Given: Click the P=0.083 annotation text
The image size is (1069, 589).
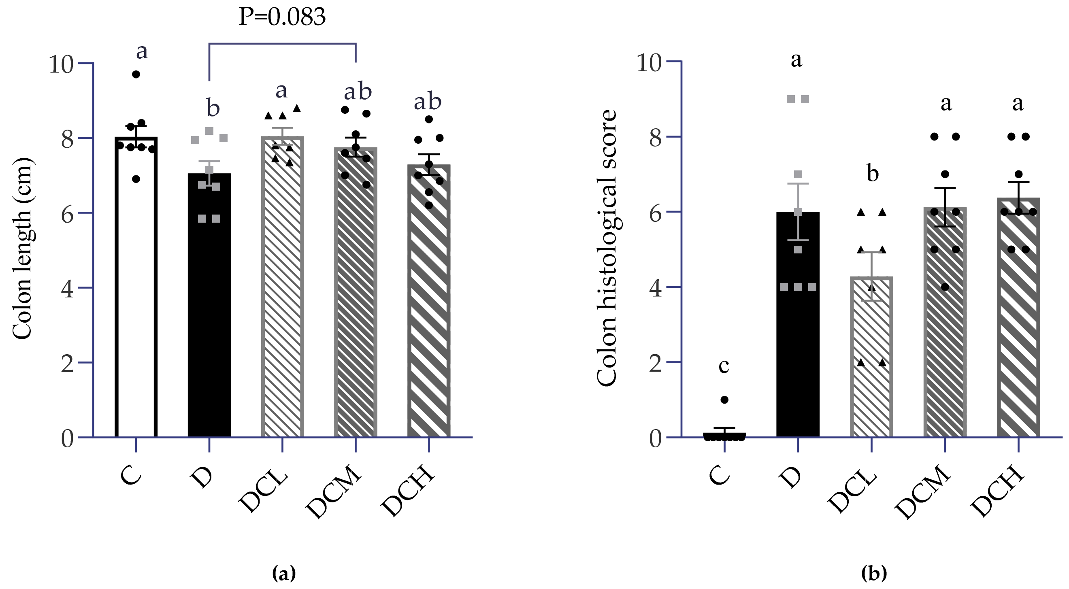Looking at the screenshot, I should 282,17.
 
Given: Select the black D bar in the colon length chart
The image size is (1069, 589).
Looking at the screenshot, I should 209,332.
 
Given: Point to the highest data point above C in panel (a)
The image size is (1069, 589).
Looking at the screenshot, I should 136,74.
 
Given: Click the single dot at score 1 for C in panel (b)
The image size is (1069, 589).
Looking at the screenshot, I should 724,400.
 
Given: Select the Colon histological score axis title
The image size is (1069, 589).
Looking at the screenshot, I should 607,249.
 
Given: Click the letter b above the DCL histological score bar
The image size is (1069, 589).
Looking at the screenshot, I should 873,173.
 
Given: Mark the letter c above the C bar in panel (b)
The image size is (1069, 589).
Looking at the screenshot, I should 724,366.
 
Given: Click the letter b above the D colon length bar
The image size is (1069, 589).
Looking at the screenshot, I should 213,108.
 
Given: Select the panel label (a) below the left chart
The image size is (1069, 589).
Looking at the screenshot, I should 284,574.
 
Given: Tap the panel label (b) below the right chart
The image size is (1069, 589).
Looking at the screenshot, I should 874,574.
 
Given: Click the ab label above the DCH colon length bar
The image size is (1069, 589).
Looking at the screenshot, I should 428,102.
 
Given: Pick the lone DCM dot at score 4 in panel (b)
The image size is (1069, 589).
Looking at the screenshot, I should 945,287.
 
